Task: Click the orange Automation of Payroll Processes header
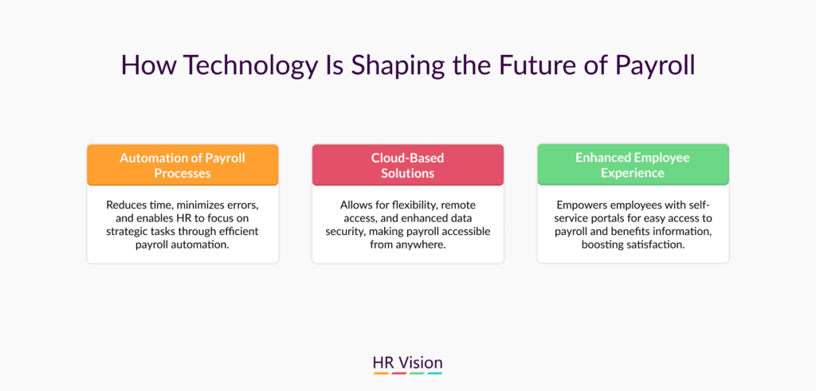click(x=182, y=165)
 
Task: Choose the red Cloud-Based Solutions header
click(x=408, y=165)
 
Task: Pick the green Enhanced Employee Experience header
click(x=633, y=165)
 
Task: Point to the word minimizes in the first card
click(x=184, y=205)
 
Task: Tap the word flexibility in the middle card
click(x=410, y=205)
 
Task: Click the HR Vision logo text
click(x=408, y=362)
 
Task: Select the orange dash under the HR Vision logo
click(x=381, y=373)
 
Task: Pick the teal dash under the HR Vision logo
click(x=434, y=373)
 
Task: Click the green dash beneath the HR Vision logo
click(x=417, y=373)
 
